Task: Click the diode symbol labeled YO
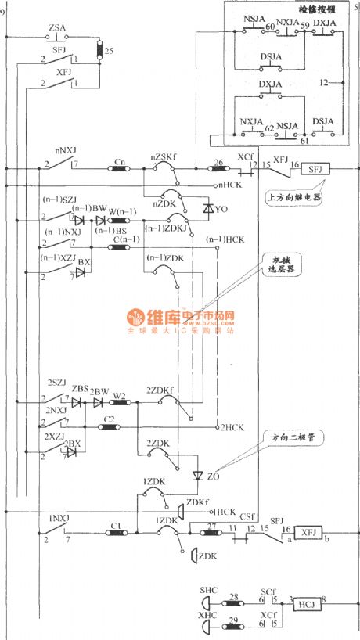pos(208,209)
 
